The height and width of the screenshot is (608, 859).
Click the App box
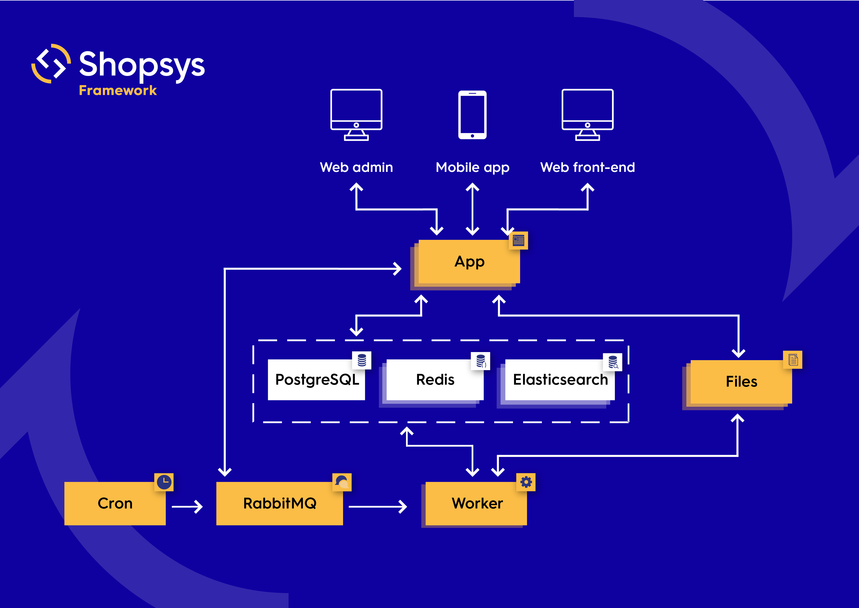[x=469, y=262]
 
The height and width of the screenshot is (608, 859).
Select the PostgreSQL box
[x=317, y=380]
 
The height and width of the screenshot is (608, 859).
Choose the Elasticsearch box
[x=560, y=380]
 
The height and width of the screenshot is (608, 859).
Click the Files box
[x=741, y=382]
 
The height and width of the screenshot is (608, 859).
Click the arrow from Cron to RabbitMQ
[x=187, y=507]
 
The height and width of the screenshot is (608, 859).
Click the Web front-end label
[x=587, y=167]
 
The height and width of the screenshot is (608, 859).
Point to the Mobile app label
[x=473, y=167]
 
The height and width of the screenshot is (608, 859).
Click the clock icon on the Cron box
[x=164, y=482]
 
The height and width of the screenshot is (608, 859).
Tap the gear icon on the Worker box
[x=526, y=482]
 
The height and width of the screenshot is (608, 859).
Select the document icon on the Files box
[x=793, y=360]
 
